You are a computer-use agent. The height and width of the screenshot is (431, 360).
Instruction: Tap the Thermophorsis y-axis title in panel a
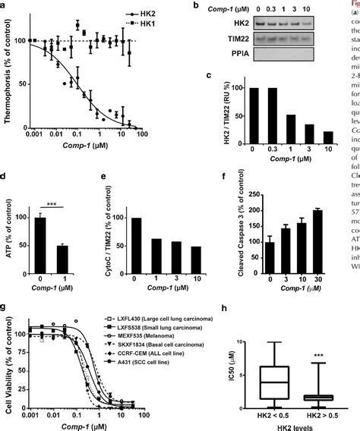pyautogui.click(x=11, y=83)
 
